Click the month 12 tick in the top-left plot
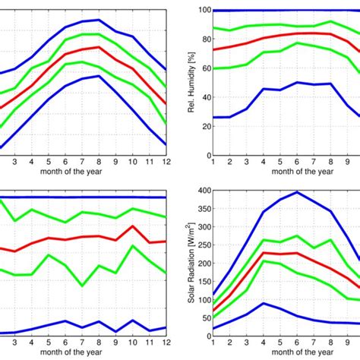(x=166, y=162)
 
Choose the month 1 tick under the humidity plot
(x=213, y=162)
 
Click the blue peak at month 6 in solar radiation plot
(x=297, y=192)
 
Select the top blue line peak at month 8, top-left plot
(x=99, y=20)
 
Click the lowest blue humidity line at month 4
(x=264, y=89)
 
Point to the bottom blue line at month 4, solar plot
(x=264, y=303)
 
